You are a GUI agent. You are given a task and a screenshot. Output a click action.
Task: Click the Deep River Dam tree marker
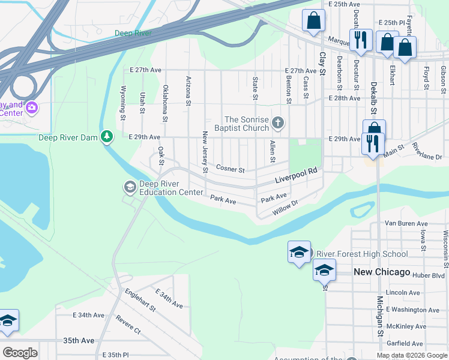pos(107,137)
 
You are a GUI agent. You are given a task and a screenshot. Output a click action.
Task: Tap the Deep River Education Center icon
pos(130,188)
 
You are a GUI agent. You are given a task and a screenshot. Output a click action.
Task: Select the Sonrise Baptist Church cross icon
pos(277,122)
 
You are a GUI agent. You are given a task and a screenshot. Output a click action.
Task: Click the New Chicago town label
pos(381,272)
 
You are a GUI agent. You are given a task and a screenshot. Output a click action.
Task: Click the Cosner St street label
pos(231,169)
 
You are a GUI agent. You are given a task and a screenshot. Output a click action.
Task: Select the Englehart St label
pos(140,300)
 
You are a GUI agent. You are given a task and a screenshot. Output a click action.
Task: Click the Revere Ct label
pos(128,325)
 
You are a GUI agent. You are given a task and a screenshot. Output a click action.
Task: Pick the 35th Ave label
pos(79,340)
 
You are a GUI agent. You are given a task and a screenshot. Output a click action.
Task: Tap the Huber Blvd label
pos(428,275)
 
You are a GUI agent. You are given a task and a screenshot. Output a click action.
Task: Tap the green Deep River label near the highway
pos(133,34)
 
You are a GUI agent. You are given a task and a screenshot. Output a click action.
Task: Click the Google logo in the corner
pos(20,352)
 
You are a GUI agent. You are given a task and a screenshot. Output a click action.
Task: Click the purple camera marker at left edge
pos(31,108)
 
